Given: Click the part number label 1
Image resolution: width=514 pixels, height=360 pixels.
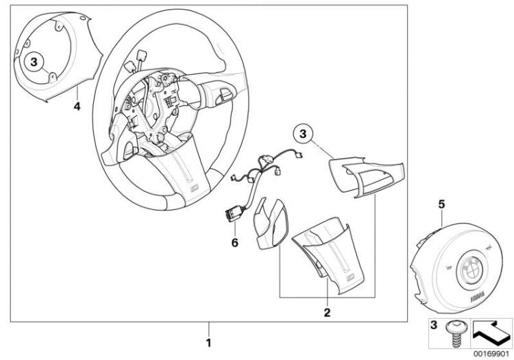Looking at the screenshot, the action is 208,343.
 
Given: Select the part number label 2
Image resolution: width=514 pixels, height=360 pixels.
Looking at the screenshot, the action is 327,313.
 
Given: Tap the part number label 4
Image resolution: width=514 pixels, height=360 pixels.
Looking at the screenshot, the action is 77,106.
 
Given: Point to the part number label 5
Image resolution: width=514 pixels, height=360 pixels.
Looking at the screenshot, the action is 442,204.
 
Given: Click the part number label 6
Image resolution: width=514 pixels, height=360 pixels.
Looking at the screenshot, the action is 234,243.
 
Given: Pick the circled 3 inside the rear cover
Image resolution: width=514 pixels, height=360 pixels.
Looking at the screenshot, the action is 34,62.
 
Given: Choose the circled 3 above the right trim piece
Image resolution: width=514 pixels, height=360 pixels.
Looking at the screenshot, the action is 303,134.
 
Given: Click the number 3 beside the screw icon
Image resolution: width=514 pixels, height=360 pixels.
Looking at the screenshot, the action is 434,325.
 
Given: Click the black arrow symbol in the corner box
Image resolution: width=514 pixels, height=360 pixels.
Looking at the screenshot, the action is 491,333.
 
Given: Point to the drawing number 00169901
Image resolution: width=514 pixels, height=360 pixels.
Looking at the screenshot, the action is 491,354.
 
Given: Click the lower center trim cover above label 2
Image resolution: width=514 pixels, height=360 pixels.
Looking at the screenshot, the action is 328,254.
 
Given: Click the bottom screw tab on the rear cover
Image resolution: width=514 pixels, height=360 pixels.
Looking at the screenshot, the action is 52,77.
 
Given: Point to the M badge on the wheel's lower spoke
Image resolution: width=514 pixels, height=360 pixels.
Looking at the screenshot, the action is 195,188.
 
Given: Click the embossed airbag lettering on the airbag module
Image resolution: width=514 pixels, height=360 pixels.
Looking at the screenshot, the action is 478,298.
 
